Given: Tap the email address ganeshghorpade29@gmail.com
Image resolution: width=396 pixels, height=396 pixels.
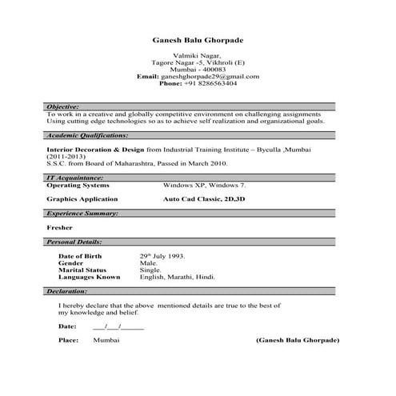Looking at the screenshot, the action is [x=210, y=76].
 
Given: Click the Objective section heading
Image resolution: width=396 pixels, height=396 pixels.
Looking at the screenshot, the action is [x=62, y=106].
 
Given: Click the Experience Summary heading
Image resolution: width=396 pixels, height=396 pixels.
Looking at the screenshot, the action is [x=82, y=214].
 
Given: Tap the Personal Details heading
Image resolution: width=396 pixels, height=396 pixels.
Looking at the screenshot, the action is [x=74, y=241].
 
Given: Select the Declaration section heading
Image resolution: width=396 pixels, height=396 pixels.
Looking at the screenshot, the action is [x=67, y=292].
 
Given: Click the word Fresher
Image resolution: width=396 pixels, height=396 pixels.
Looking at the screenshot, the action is [x=60, y=227].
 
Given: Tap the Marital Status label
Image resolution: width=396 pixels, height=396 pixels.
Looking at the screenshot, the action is [x=82, y=270].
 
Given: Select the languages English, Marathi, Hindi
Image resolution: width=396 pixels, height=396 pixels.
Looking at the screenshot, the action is [x=178, y=277].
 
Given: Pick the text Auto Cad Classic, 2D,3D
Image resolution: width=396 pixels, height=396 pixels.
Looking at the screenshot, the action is [x=205, y=198].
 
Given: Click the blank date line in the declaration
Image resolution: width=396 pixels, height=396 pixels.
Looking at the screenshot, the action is [x=118, y=326].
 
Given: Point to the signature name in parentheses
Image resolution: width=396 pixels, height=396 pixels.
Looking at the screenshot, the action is [x=297, y=341].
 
